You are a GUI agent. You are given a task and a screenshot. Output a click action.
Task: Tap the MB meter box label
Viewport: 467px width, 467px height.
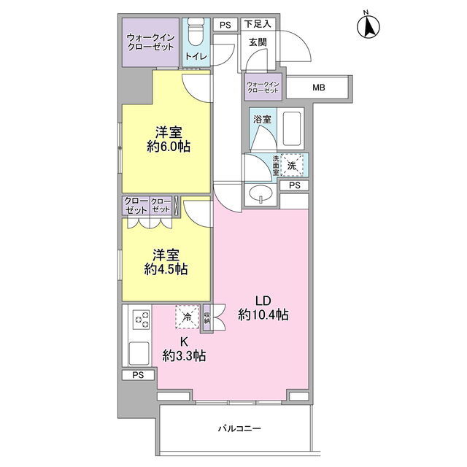coord(318,88)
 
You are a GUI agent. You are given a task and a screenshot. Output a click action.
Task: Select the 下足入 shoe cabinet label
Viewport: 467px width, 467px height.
coord(258,24)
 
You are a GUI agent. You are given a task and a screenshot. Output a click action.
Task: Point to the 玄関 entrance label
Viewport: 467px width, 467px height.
coord(258,42)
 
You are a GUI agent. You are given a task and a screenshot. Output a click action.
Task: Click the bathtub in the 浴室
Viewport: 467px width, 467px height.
coord(292,128)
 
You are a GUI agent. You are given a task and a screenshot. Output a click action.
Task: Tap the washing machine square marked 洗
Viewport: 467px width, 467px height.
coord(292,165)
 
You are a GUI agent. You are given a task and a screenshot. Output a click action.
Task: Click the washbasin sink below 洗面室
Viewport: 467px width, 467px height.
coord(261,194)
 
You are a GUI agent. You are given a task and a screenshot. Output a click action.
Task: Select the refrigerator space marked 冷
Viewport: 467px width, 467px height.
coord(188,317)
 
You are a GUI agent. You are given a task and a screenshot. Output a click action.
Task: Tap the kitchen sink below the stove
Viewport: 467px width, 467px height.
coord(139,353)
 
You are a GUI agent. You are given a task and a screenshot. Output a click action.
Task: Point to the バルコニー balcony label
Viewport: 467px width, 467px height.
coord(240,428)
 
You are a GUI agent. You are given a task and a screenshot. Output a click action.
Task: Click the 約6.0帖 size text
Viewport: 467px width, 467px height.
coord(169,147)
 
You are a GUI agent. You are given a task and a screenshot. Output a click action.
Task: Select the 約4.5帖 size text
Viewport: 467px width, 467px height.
coord(166,269)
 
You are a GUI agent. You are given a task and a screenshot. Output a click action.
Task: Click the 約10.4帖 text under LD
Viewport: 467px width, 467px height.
coord(263,314)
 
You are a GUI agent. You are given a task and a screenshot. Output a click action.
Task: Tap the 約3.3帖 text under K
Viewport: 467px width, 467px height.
coord(184,355)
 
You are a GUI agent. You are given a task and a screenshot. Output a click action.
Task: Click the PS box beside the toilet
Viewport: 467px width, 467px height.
coord(225,25)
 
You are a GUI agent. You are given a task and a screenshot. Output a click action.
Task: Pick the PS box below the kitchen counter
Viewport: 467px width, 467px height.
coord(138,375)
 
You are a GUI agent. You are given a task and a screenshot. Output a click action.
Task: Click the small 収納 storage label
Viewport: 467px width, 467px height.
coord(207,317)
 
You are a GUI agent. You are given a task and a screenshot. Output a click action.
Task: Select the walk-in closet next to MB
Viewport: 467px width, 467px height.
coord(263,87)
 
